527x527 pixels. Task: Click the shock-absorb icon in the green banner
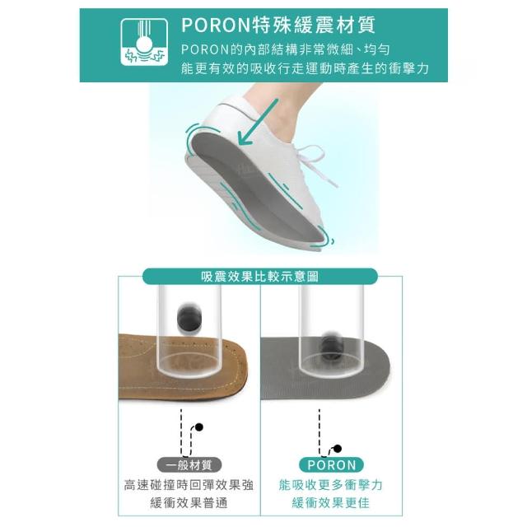(x=144, y=42)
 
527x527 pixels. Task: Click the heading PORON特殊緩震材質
(x=278, y=25)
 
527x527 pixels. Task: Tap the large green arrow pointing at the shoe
(x=258, y=122)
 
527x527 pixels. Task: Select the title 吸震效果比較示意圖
(x=259, y=277)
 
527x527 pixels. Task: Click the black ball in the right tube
(x=331, y=346)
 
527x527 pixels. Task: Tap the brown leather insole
(x=183, y=366)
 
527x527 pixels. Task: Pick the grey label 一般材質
(x=189, y=465)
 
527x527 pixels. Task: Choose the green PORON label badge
(x=331, y=465)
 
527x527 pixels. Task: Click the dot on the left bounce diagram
(x=199, y=427)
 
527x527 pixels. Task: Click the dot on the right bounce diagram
(x=338, y=449)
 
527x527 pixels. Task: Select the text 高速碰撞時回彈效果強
(x=189, y=485)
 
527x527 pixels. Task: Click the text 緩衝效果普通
(x=189, y=503)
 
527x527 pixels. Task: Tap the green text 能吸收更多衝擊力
(x=331, y=485)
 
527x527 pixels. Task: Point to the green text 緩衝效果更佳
(x=331, y=503)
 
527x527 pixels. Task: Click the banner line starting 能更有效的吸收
(x=305, y=68)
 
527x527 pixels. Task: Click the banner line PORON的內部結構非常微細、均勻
(x=286, y=49)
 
